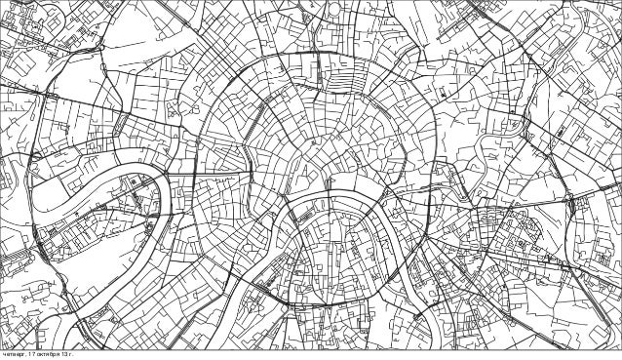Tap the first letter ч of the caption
(3, 355)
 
